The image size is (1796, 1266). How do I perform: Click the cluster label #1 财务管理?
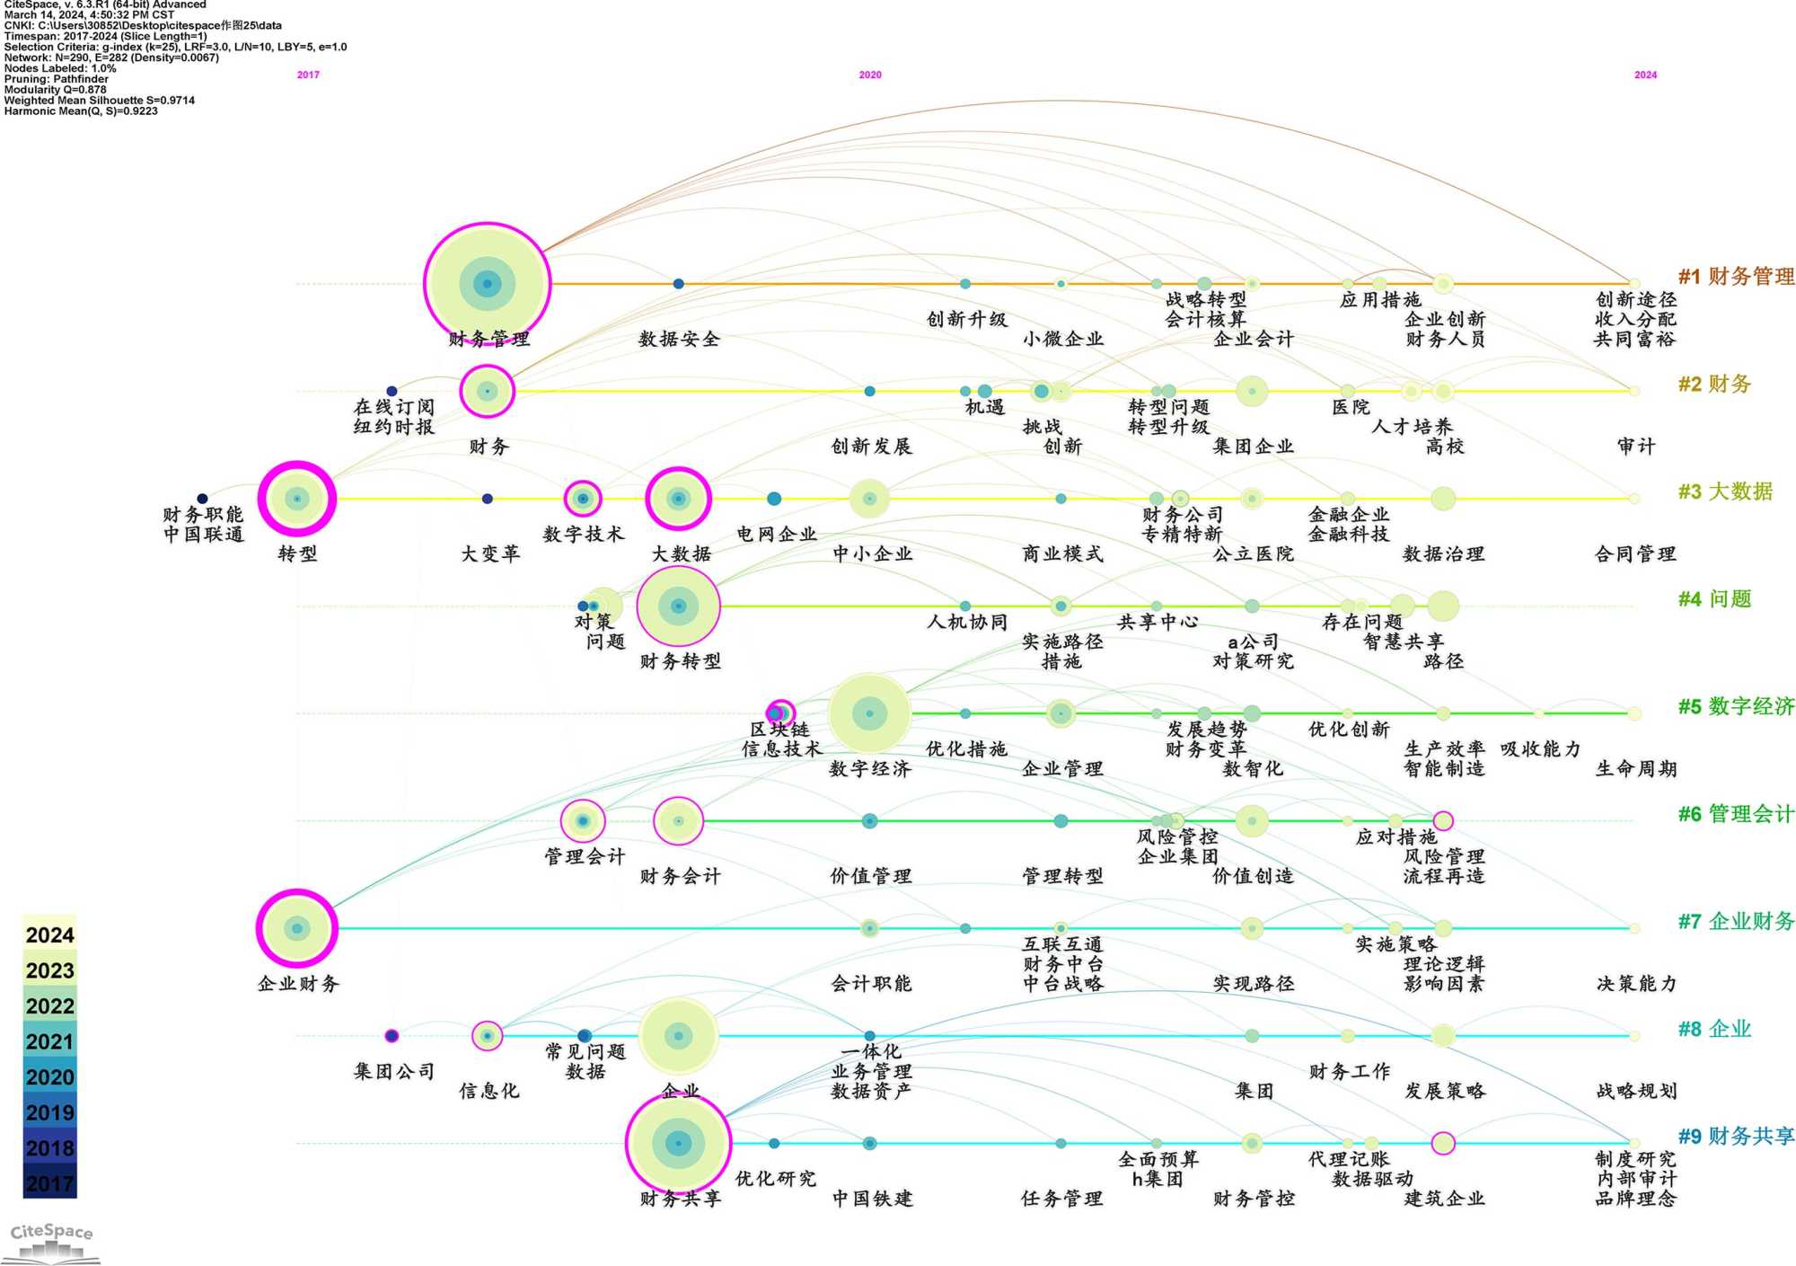[x=1735, y=277]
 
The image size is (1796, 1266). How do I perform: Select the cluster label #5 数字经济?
[x=1735, y=707]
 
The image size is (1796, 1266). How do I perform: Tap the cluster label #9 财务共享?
[x=1735, y=1137]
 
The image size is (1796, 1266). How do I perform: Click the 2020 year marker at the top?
[x=869, y=75]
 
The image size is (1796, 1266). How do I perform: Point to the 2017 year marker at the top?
[x=308, y=75]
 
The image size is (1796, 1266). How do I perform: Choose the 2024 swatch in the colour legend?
[x=49, y=935]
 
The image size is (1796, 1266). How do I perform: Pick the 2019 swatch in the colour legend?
[x=49, y=1113]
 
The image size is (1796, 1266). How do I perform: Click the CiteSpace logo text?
[x=51, y=1232]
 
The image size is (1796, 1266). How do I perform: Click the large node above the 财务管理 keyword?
[x=487, y=284]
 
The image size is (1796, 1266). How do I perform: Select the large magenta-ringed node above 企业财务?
[x=296, y=928]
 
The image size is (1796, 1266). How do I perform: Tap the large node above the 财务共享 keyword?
[x=678, y=1143]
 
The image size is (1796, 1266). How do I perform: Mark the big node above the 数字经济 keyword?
[x=868, y=713]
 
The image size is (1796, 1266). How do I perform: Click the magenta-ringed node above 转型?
[x=296, y=499]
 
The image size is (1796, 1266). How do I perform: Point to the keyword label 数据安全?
[x=678, y=340]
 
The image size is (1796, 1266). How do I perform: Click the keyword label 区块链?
[x=779, y=730]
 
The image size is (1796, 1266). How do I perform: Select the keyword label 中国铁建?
[x=871, y=1199]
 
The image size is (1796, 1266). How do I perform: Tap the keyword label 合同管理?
[x=1634, y=554]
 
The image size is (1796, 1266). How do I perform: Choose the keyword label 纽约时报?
[x=393, y=427]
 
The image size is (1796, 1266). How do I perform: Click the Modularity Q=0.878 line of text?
[x=56, y=90]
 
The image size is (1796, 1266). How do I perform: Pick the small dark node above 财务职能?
[x=202, y=499]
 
